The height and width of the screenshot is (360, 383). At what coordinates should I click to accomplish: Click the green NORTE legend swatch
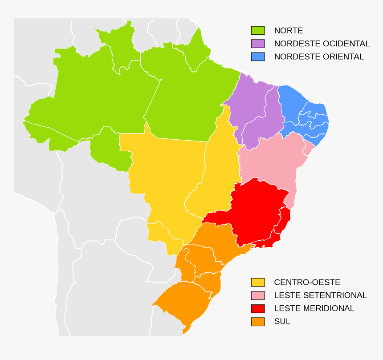point(258,31)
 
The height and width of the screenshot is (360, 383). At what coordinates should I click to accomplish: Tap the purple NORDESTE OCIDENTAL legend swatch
point(258,44)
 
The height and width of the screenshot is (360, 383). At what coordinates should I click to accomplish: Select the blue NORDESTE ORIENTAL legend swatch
point(258,57)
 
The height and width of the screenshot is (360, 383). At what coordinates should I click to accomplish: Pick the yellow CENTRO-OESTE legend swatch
point(258,282)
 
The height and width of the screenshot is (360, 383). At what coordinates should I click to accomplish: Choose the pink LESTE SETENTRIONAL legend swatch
point(258,295)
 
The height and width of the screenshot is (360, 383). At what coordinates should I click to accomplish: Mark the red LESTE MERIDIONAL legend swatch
point(258,308)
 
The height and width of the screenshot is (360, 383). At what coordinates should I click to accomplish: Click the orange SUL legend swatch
point(258,321)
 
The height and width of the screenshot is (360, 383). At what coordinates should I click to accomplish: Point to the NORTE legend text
point(289,31)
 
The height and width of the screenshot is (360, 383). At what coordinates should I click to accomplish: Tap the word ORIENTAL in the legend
point(343,57)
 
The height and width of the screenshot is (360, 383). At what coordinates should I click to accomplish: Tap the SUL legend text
point(282,321)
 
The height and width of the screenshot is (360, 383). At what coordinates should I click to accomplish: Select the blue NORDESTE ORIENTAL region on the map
point(303,111)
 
